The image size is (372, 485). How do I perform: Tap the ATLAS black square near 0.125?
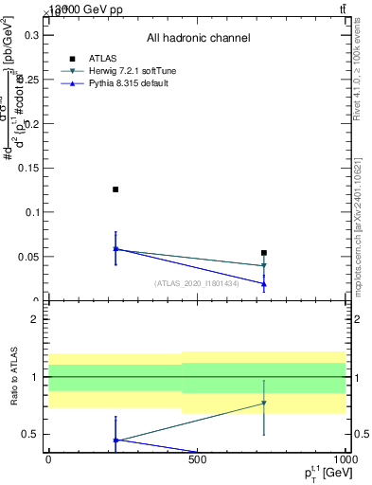coord(115,189)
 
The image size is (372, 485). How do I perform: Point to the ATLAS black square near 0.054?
coord(264,253)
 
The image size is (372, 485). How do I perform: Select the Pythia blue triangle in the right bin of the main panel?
coord(264,283)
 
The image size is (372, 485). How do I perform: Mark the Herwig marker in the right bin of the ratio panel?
coord(264,404)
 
